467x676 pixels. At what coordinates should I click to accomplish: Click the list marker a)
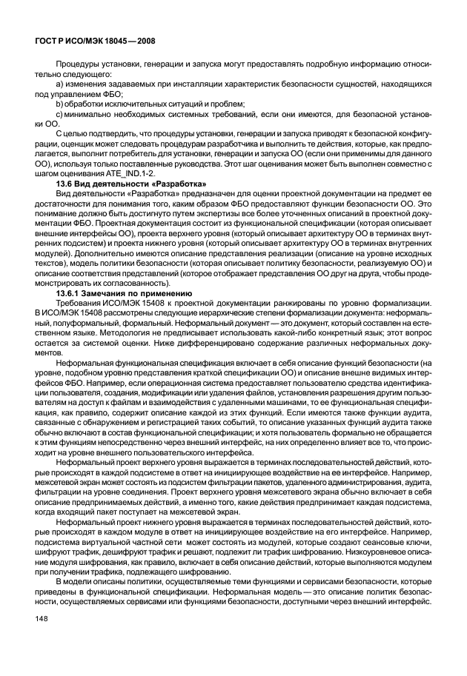tap(60, 86)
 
